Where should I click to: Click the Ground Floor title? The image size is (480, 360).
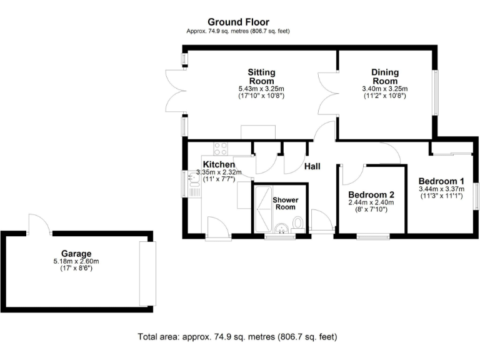238,22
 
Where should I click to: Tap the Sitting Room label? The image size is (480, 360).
261,76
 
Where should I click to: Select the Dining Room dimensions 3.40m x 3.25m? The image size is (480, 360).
384,89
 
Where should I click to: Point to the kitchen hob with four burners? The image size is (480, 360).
221,149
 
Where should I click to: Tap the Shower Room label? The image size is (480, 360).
285,204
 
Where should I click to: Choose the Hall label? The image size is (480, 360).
312,166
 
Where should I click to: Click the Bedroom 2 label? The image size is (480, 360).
371,194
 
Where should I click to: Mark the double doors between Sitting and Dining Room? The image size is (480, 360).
328,94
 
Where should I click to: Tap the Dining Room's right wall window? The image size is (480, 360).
436,92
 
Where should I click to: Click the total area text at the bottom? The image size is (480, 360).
237,337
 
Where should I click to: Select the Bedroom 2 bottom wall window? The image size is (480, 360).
371,236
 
